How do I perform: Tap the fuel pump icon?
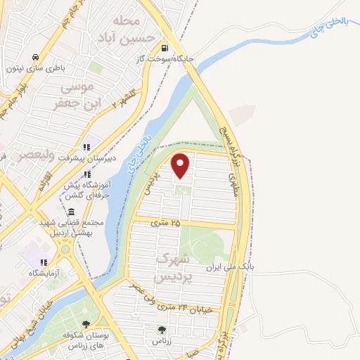pos(165,49)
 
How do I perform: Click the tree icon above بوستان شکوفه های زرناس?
pos(86,324)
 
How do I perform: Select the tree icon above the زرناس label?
pos(162,329)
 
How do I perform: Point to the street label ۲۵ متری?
pos(166,222)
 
